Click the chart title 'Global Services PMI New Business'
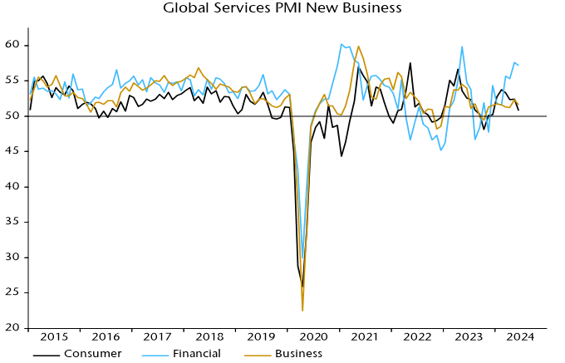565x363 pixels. tap(282, 9)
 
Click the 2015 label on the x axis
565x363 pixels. tap(54, 336)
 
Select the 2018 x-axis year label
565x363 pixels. tap(210, 336)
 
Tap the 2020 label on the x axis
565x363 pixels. tap(314, 336)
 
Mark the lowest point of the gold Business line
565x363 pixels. tap(302, 311)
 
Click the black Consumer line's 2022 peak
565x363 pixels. tap(410, 63)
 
